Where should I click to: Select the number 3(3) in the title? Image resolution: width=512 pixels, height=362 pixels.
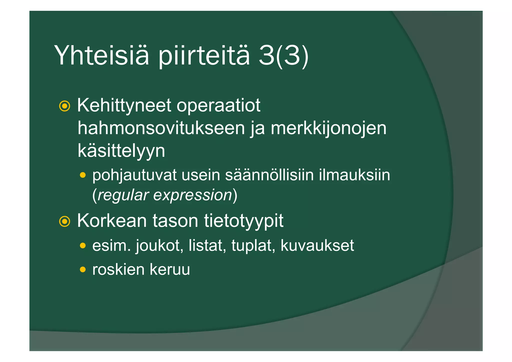[283, 56]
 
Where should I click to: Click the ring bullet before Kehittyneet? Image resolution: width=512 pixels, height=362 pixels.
[64, 106]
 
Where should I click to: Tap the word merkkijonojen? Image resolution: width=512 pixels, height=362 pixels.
[328, 128]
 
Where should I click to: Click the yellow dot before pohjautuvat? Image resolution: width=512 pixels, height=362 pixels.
[83, 175]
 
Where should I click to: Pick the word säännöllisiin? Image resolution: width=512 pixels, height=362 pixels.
[269, 175]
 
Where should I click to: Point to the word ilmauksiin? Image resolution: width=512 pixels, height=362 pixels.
[354, 175]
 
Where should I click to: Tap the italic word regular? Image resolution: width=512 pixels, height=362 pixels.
[123, 195]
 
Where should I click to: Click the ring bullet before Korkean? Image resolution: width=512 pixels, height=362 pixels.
[64, 221]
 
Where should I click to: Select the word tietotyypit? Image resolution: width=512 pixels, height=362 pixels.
[243, 221]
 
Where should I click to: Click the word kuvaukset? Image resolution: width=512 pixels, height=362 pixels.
[317, 245]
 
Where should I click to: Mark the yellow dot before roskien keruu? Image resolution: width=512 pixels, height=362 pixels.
[83, 269]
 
